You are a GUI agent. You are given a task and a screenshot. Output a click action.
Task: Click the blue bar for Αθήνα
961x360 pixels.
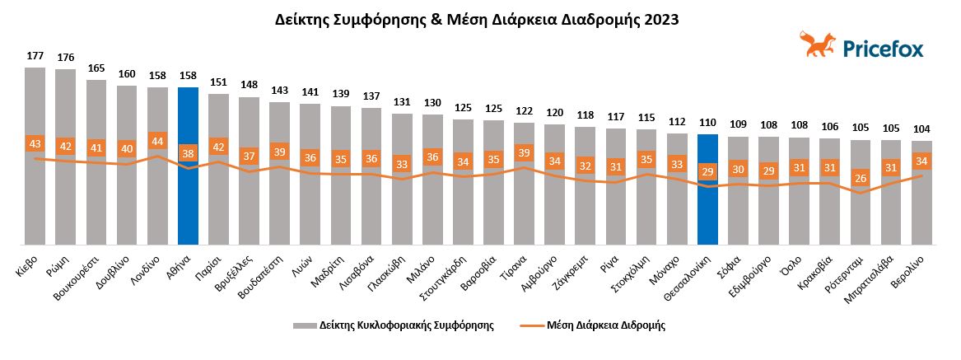pos(188,206)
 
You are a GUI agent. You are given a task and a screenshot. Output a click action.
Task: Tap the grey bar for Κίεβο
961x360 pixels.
pos(35,206)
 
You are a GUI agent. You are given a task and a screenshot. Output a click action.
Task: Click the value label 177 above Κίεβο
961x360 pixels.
pos(35,56)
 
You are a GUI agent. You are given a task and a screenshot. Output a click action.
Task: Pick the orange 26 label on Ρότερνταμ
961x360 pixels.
pos(861,178)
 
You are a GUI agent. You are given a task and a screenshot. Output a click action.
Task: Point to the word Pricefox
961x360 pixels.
pos(883,49)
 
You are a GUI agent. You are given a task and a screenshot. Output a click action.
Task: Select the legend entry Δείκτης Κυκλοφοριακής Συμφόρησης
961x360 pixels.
pos(393,325)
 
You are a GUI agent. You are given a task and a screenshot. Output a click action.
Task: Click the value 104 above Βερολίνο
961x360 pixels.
pos(922,130)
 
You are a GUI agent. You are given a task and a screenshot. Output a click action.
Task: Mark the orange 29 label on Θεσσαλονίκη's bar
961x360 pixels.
pos(707,171)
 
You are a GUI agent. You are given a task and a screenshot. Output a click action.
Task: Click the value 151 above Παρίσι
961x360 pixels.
pos(218,82)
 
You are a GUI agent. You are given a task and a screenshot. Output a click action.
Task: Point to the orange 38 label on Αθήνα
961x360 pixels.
pos(188,152)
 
